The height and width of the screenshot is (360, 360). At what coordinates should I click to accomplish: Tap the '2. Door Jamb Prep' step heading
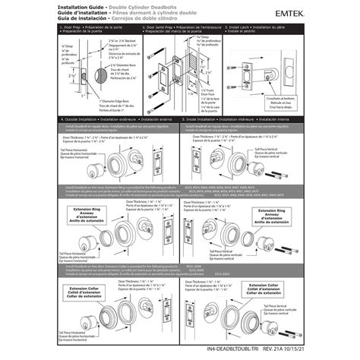182,29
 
